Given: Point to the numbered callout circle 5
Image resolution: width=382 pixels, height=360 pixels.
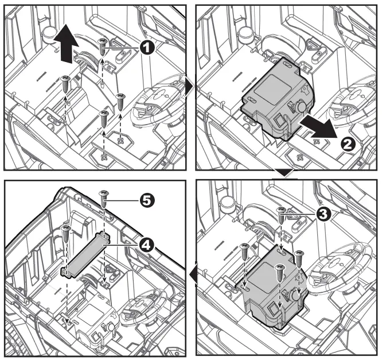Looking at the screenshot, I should [x=147, y=201].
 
